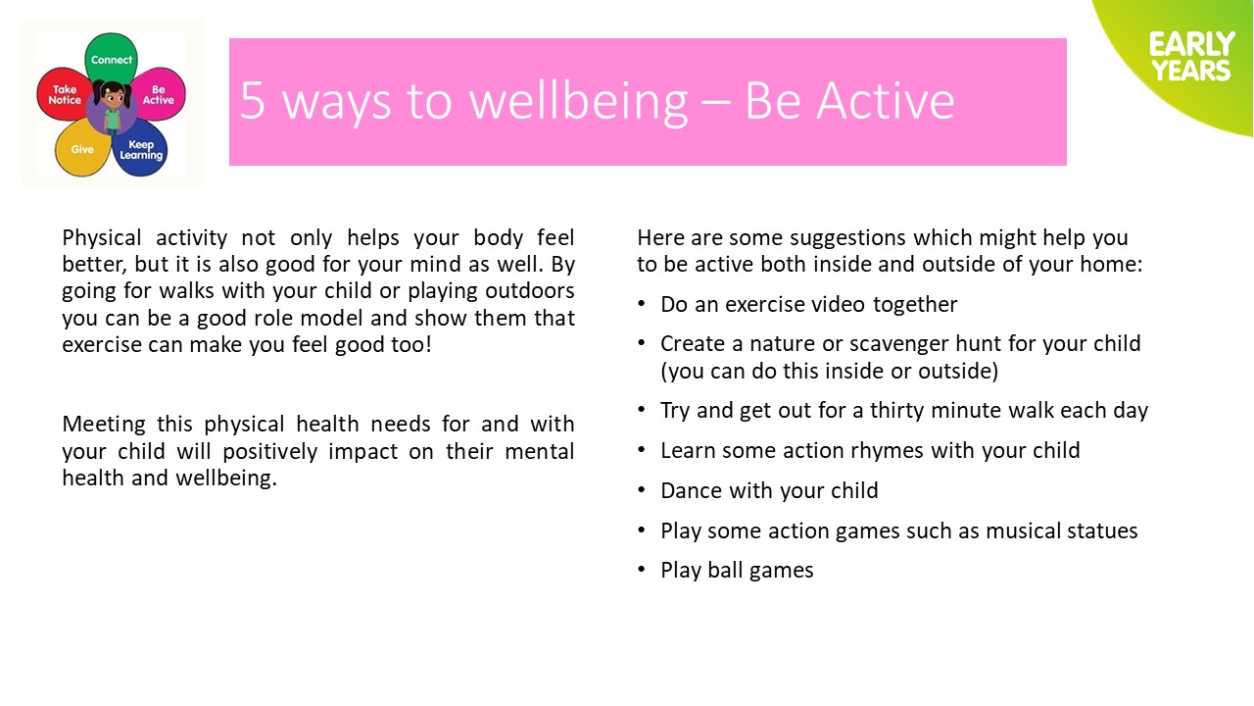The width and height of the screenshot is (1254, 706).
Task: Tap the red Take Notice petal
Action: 63,94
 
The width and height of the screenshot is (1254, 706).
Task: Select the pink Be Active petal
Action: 159,94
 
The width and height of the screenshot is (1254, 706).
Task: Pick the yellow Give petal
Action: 82,148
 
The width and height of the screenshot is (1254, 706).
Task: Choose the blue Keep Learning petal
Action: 140,150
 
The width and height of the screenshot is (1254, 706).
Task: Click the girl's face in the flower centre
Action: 112,95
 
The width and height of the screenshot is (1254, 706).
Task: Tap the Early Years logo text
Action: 1191,57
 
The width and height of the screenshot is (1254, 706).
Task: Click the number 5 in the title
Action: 252,101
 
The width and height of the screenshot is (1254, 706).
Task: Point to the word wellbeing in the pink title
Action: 578,102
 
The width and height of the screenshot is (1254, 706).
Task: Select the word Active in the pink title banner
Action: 885,101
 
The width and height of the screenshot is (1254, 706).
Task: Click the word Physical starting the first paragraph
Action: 102,238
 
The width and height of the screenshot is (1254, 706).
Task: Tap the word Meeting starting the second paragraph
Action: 104,425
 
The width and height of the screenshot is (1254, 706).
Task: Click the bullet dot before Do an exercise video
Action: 642,304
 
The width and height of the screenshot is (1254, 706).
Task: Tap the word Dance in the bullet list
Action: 692,491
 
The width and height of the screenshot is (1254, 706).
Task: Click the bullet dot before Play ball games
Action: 642,570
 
